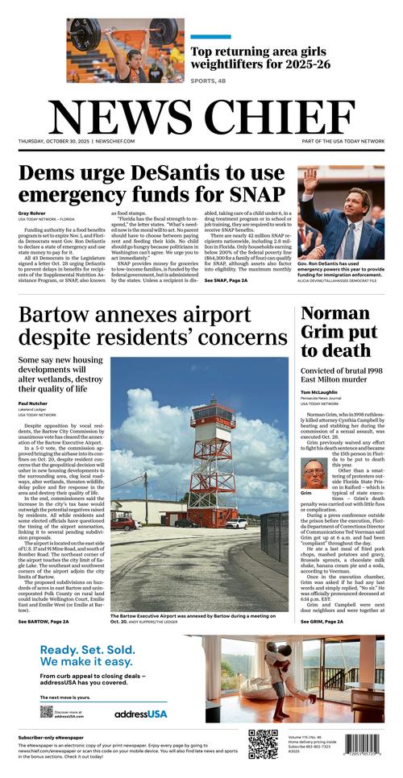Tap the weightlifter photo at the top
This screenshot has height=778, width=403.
point(125,51)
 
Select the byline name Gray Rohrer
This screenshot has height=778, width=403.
point(31,213)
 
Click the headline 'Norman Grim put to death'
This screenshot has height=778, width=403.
point(339,331)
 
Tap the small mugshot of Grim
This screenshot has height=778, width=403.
point(314,473)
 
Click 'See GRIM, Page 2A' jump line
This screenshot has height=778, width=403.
point(323,621)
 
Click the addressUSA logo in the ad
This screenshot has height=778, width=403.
point(140,714)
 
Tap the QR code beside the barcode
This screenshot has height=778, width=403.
point(263,743)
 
